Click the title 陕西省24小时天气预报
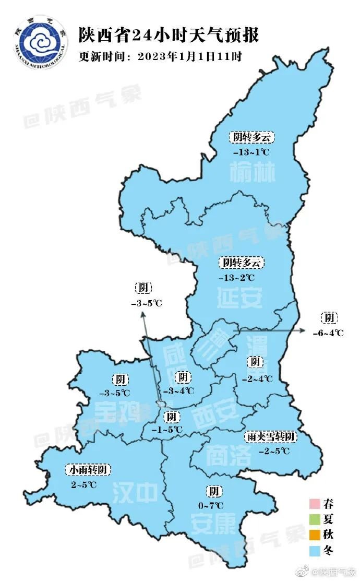point(168,35)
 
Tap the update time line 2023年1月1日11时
point(160,56)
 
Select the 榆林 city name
point(252,173)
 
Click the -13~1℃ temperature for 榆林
point(251,152)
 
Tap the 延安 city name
point(239,298)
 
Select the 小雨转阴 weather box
point(89,470)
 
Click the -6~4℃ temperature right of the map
point(328,333)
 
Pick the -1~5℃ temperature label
point(171,430)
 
